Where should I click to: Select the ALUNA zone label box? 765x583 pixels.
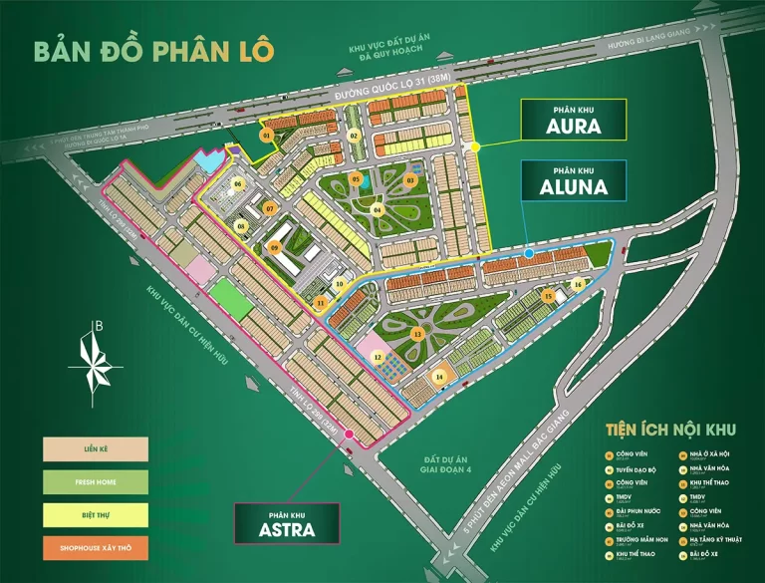[572, 182]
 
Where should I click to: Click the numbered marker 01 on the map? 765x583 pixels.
[266, 134]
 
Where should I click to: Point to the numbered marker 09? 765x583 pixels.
[275, 247]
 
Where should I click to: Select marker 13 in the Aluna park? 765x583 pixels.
[417, 333]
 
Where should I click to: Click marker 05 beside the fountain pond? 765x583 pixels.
[356, 178]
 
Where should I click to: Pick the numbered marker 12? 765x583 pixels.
[378, 357]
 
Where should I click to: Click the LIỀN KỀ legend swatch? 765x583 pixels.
[96, 448]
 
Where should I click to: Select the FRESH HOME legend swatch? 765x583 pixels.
[96, 481]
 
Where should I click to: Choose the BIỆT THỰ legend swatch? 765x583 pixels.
[96, 514]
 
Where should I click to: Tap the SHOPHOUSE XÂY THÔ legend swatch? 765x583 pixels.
[96, 547]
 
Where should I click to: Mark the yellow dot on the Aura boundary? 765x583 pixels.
[477, 146]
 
